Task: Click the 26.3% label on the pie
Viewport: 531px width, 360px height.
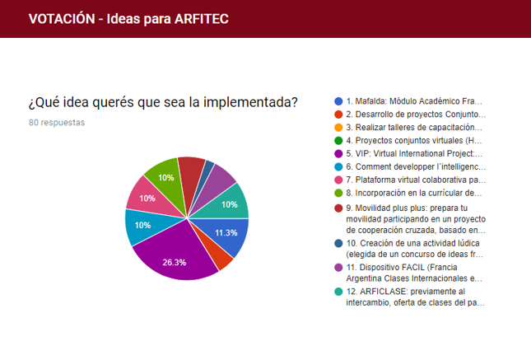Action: tap(174, 262)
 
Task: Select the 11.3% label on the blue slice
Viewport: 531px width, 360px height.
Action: tap(226, 233)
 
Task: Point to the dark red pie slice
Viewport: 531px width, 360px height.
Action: tap(192, 174)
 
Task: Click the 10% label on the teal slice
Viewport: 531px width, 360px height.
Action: tap(229, 205)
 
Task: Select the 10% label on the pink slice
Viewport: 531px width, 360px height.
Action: tap(147, 199)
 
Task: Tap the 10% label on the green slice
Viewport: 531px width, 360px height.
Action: tap(166, 178)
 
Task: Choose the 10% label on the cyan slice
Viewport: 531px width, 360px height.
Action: tap(142, 226)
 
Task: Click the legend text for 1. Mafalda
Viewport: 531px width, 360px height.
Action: tap(414, 101)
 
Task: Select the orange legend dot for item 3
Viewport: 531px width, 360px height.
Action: tap(338, 128)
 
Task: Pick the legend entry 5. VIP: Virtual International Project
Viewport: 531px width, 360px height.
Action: tap(414, 154)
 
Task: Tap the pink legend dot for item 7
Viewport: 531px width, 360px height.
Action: tap(338, 180)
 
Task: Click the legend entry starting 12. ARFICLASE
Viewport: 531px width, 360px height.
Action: tap(415, 297)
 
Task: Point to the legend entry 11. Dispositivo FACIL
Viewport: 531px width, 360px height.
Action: tap(414, 273)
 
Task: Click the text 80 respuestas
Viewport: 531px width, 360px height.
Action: tap(57, 123)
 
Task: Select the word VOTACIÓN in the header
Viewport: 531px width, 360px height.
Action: tap(62, 19)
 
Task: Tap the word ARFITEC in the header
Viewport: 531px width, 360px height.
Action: tap(202, 19)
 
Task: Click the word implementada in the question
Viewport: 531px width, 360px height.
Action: tap(250, 102)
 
